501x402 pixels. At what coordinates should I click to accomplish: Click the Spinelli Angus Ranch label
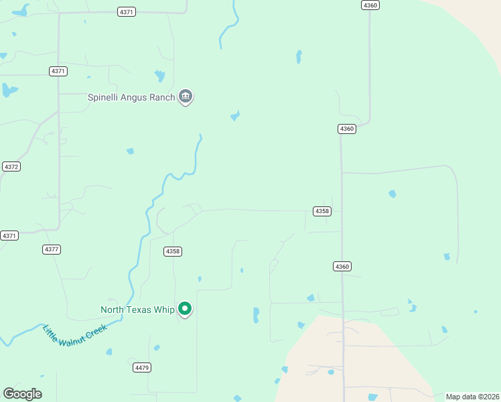pyautogui.click(x=131, y=97)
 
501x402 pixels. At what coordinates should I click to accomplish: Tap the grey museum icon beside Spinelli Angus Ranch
pyautogui.click(x=186, y=97)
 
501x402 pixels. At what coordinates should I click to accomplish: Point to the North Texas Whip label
pyautogui.click(x=137, y=310)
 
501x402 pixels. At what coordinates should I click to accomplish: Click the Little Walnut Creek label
pyautogui.click(x=74, y=335)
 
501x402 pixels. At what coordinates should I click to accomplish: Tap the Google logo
pyautogui.click(x=22, y=394)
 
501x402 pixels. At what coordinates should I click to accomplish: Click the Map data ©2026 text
pyautogui.click(x=472, y=397)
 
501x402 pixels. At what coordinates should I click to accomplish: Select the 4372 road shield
pyautogui.click(x=11, y=166)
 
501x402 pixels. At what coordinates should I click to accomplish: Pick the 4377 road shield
pyautogui.click(x=52, y=249)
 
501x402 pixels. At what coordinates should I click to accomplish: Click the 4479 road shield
pyautogui.click(x=142, y=368)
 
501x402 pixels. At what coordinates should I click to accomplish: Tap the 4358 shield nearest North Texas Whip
pyautogui.click(x=173, y=251)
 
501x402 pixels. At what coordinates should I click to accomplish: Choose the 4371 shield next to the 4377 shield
pyautogui.click(x=9, y=236)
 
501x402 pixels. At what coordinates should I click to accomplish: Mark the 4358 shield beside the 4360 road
pyautogui.click(x=322, y=211)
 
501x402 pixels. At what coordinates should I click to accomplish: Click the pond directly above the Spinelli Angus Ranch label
pyautogui.click(x=159, y=76)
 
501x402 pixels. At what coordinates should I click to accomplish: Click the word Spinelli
pyautogui.click(x=104, y=97)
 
